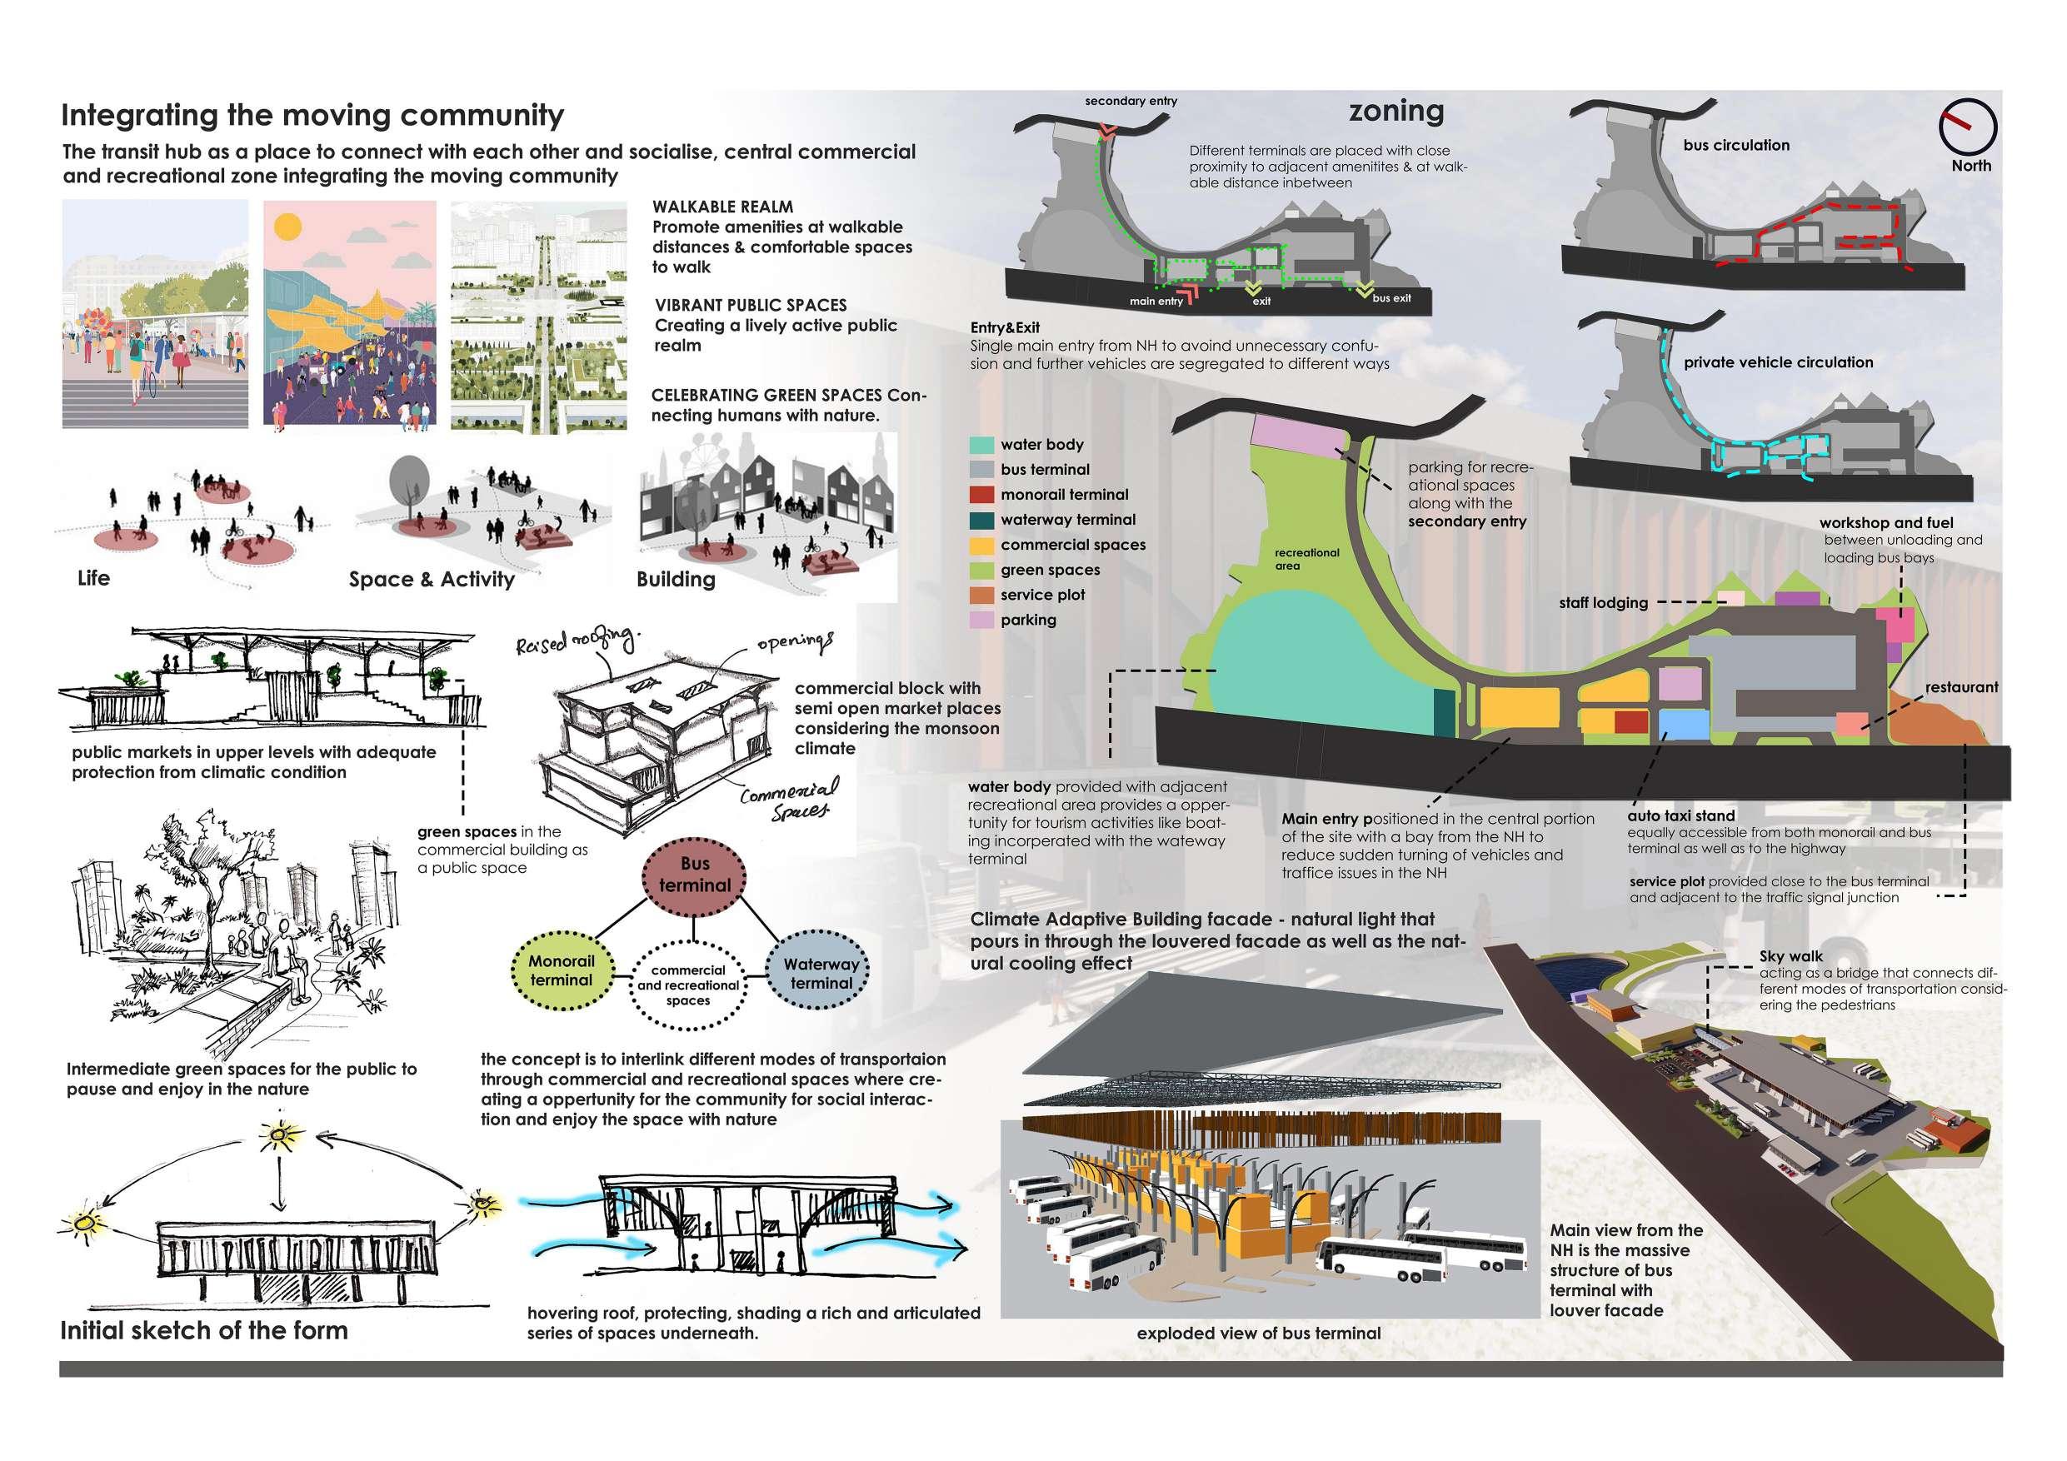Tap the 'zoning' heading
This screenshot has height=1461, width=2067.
coord(1395,112)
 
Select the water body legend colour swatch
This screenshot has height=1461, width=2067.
coord(982,445)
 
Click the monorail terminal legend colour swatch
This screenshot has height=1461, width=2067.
coord(982,495)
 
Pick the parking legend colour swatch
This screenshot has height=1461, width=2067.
coord(982,621)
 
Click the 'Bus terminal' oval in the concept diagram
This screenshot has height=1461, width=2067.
coord(694,874)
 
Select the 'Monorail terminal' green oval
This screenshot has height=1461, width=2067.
coord(562,970)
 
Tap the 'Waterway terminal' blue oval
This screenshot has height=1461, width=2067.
coord(820,974)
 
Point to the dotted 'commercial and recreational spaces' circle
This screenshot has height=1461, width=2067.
coord(689,985)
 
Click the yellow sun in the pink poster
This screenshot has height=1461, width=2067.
coord(288,225)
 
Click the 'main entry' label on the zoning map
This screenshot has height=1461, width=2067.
coord(1156,302)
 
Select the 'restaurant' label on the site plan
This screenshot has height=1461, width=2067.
coord(1962,688)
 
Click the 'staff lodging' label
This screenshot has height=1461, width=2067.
coord(1604,603)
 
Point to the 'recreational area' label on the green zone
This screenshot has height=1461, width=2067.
coord(1306,559)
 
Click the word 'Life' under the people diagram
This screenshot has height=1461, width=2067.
coord(93,578)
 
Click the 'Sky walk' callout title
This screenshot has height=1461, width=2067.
coord(1790,957)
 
